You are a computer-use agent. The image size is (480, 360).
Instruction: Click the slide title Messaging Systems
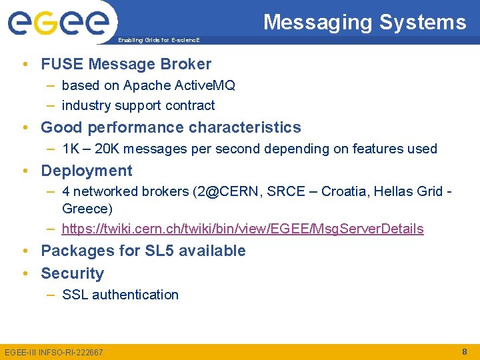[365, 22]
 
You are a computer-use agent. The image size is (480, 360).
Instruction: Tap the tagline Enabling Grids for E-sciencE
[158, 41]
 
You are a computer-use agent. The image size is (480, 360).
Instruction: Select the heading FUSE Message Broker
[126, 64]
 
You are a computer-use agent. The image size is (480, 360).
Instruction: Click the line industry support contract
[138, 105]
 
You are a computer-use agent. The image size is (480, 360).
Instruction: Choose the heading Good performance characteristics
[171, 127]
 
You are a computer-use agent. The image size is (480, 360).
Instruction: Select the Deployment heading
[87, 171]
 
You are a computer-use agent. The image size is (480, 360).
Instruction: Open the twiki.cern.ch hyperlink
[242, 229]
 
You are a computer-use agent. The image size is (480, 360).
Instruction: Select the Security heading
[72, 273]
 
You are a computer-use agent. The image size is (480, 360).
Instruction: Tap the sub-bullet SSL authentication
[120, 295]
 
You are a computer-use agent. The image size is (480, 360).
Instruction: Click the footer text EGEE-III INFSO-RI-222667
[54, 352]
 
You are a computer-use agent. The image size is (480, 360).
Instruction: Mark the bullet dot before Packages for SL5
[25, 251]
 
